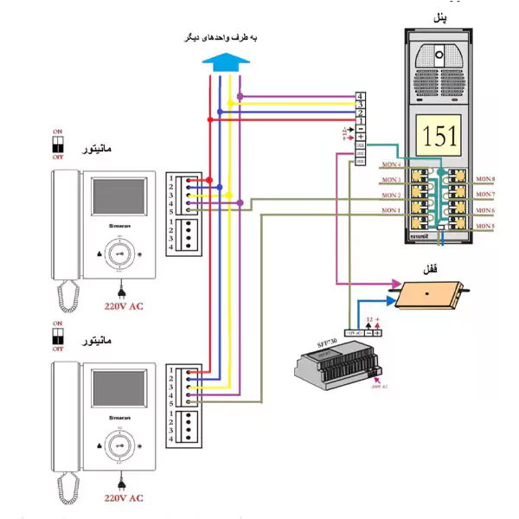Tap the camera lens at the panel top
click(440, 55)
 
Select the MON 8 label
click(486, 179)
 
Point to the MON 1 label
click(391, 210)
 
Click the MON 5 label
click(486, 227)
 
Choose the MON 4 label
click(391, 163)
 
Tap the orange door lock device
click(428, 294)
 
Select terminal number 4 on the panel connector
click(359, 95)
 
